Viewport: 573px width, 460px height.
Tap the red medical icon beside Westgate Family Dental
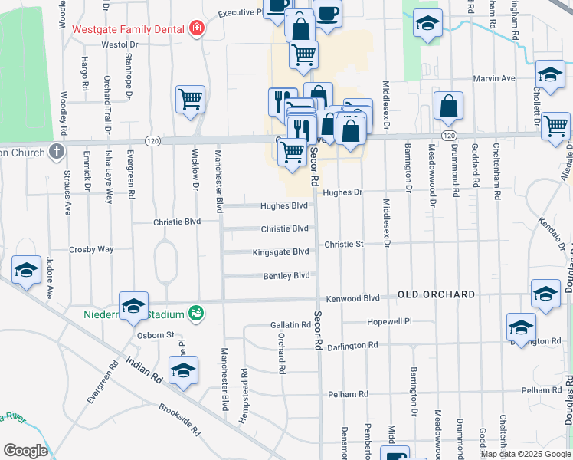[x=197, y=29]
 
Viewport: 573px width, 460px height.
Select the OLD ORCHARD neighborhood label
[x=436, y=294]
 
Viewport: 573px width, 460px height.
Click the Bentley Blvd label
[x=286, y=275]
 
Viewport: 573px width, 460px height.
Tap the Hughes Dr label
[x=342, y=192]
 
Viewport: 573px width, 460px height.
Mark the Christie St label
[x=343, y=244]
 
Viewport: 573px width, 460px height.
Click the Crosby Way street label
[x=91, y=249]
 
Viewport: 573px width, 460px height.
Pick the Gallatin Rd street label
[x=290, y=325]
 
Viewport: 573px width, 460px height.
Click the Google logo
[x=26, y=451]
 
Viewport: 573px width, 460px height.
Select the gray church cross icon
[x=56, y=151]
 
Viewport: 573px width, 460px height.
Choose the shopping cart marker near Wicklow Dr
[x=190, y=99]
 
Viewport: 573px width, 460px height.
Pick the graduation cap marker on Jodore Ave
[x=27, y=270]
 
